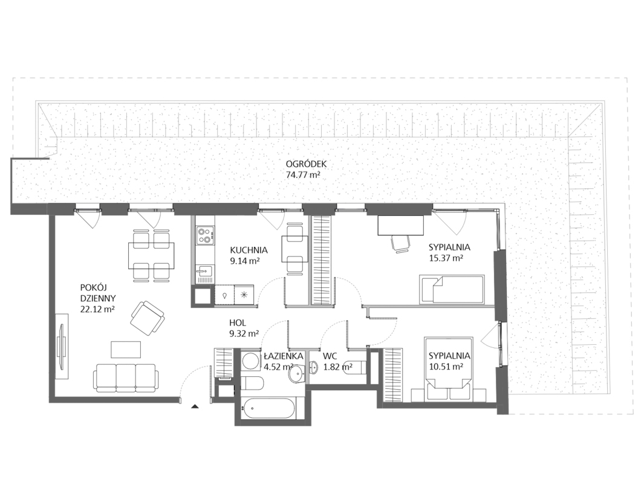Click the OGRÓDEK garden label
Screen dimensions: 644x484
click(306, 164)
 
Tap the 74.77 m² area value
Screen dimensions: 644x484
click(303, 175)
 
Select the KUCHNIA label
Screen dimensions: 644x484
click(249, 250)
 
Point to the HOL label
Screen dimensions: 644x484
click(238, 323)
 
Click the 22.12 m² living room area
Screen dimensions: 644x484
click(97, 309)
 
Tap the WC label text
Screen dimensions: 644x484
click(330, 356)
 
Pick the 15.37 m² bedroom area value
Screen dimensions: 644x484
click(446, 258)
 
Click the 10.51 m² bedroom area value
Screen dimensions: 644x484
click(446, 367)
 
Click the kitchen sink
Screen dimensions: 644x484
click(204, 271)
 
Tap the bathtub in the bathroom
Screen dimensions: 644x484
click(268, 409)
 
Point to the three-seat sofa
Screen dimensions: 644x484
click(126, 376)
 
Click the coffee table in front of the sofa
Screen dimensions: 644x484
click(126, 350)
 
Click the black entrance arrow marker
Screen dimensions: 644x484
click(195, 407)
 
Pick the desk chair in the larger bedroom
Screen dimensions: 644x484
click(401, 243)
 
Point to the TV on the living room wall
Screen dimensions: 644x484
click(62, 341)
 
